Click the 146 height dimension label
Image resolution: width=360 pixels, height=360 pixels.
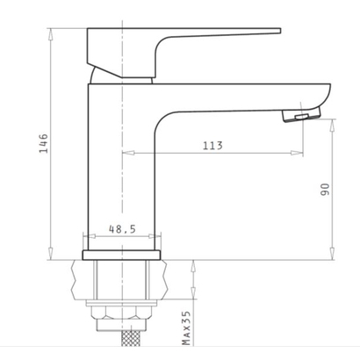(x=44, y=143)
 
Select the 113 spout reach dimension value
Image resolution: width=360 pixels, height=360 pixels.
(x=212, y=146)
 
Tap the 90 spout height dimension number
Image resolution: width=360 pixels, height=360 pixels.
(x=325, y=190)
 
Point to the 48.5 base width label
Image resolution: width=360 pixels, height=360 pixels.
(x=122, y=229)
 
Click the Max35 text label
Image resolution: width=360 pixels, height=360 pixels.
(x=186, y=328)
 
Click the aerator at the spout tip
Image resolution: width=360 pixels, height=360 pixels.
(x=301, y=115)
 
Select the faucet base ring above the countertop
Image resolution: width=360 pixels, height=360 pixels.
(x=121, y=255)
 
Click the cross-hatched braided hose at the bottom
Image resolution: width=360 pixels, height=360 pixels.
(x=130, y=339)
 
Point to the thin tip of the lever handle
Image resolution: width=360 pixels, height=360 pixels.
(x=279, y=31)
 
